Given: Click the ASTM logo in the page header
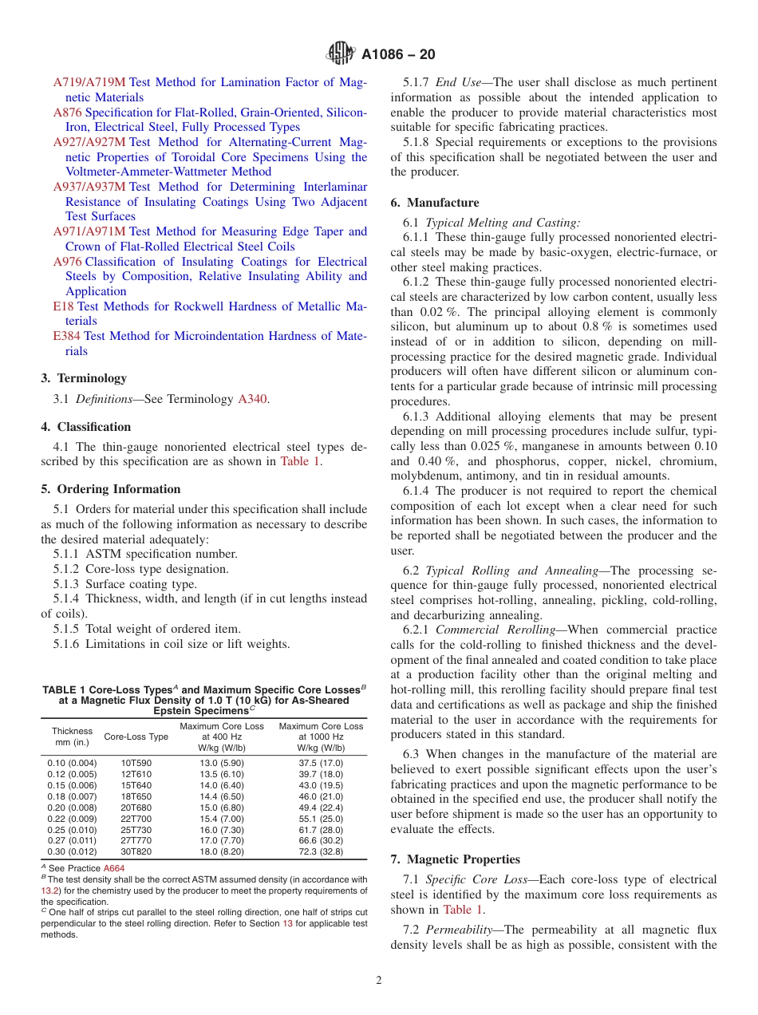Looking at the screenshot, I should coord(341,54).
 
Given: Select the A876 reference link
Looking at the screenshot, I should coord(67,113).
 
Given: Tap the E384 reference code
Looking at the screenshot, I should coord(67,336).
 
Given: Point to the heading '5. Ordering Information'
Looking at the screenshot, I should coord(110,489).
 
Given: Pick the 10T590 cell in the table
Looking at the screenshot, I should coord(136,763).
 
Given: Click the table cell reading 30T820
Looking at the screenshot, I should coord(136,851).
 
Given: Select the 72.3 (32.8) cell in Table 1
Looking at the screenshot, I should coord(321,851).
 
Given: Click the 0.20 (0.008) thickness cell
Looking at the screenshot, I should coord(72,807).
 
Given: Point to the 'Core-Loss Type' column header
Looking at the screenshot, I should coord(136,737).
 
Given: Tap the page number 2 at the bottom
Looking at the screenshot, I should coord(379,981).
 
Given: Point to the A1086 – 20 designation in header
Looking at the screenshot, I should coord(397,55).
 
